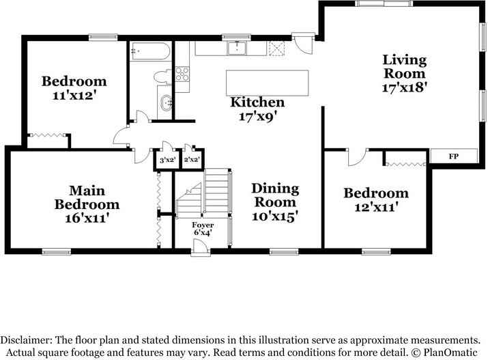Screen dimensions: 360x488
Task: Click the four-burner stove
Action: click(183, 73)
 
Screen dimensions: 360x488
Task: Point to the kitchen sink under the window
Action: click(237, 49)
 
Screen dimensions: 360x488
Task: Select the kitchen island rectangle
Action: click(267, 83)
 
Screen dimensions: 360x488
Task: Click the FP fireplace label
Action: click(453, 156)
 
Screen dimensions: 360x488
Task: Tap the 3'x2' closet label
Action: click(167, 160)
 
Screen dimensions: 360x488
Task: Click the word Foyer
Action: click(203, 225)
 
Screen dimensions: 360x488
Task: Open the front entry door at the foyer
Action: click(200, 251)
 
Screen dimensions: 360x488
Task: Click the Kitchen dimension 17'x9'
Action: click(257, 116)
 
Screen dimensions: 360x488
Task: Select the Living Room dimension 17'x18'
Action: click(404, 87)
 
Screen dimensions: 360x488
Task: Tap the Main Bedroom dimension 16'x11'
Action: click(87, 218)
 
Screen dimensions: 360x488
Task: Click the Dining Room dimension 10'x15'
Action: click(275, 216)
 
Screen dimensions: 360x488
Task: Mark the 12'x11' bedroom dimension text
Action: click(375, 207)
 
